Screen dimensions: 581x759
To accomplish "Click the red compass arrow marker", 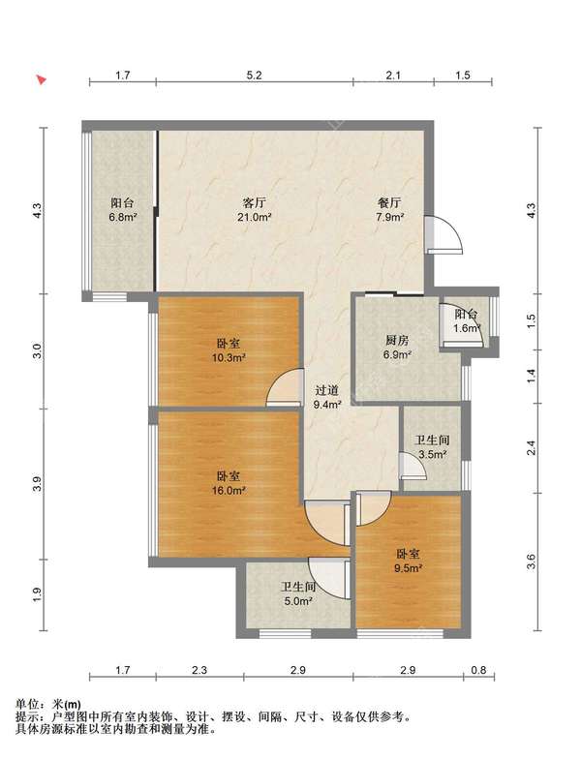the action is tap(43, 79).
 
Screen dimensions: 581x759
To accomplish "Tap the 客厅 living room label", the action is tap(254, 202).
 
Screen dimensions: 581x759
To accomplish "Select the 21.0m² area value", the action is tap(254, 217).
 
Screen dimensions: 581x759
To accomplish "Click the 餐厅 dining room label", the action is tap(389, 202).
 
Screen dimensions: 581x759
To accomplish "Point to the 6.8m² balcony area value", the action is tap(122, 217).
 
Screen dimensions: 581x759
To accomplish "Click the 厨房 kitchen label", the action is tap(397, 340).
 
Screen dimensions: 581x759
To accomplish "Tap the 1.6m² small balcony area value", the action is tap(467, 329).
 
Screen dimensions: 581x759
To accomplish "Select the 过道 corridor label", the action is tap(327, 390).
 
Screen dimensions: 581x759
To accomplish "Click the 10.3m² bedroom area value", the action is tap(228, 358).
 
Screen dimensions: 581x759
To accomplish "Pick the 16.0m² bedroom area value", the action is tap(229, 490).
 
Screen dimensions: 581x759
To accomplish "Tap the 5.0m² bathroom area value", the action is tap(297, 602).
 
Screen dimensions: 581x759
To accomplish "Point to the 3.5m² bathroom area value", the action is tap(432, 455).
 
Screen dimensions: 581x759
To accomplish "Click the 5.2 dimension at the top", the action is tap(254, 76).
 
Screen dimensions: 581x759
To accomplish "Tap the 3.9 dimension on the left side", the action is tap(39, 484).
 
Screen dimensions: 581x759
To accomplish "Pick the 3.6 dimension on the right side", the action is tap(531, 562).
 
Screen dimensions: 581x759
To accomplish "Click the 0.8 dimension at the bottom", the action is tap(478, 670).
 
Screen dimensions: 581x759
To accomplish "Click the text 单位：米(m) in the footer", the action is tap(48, 705).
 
